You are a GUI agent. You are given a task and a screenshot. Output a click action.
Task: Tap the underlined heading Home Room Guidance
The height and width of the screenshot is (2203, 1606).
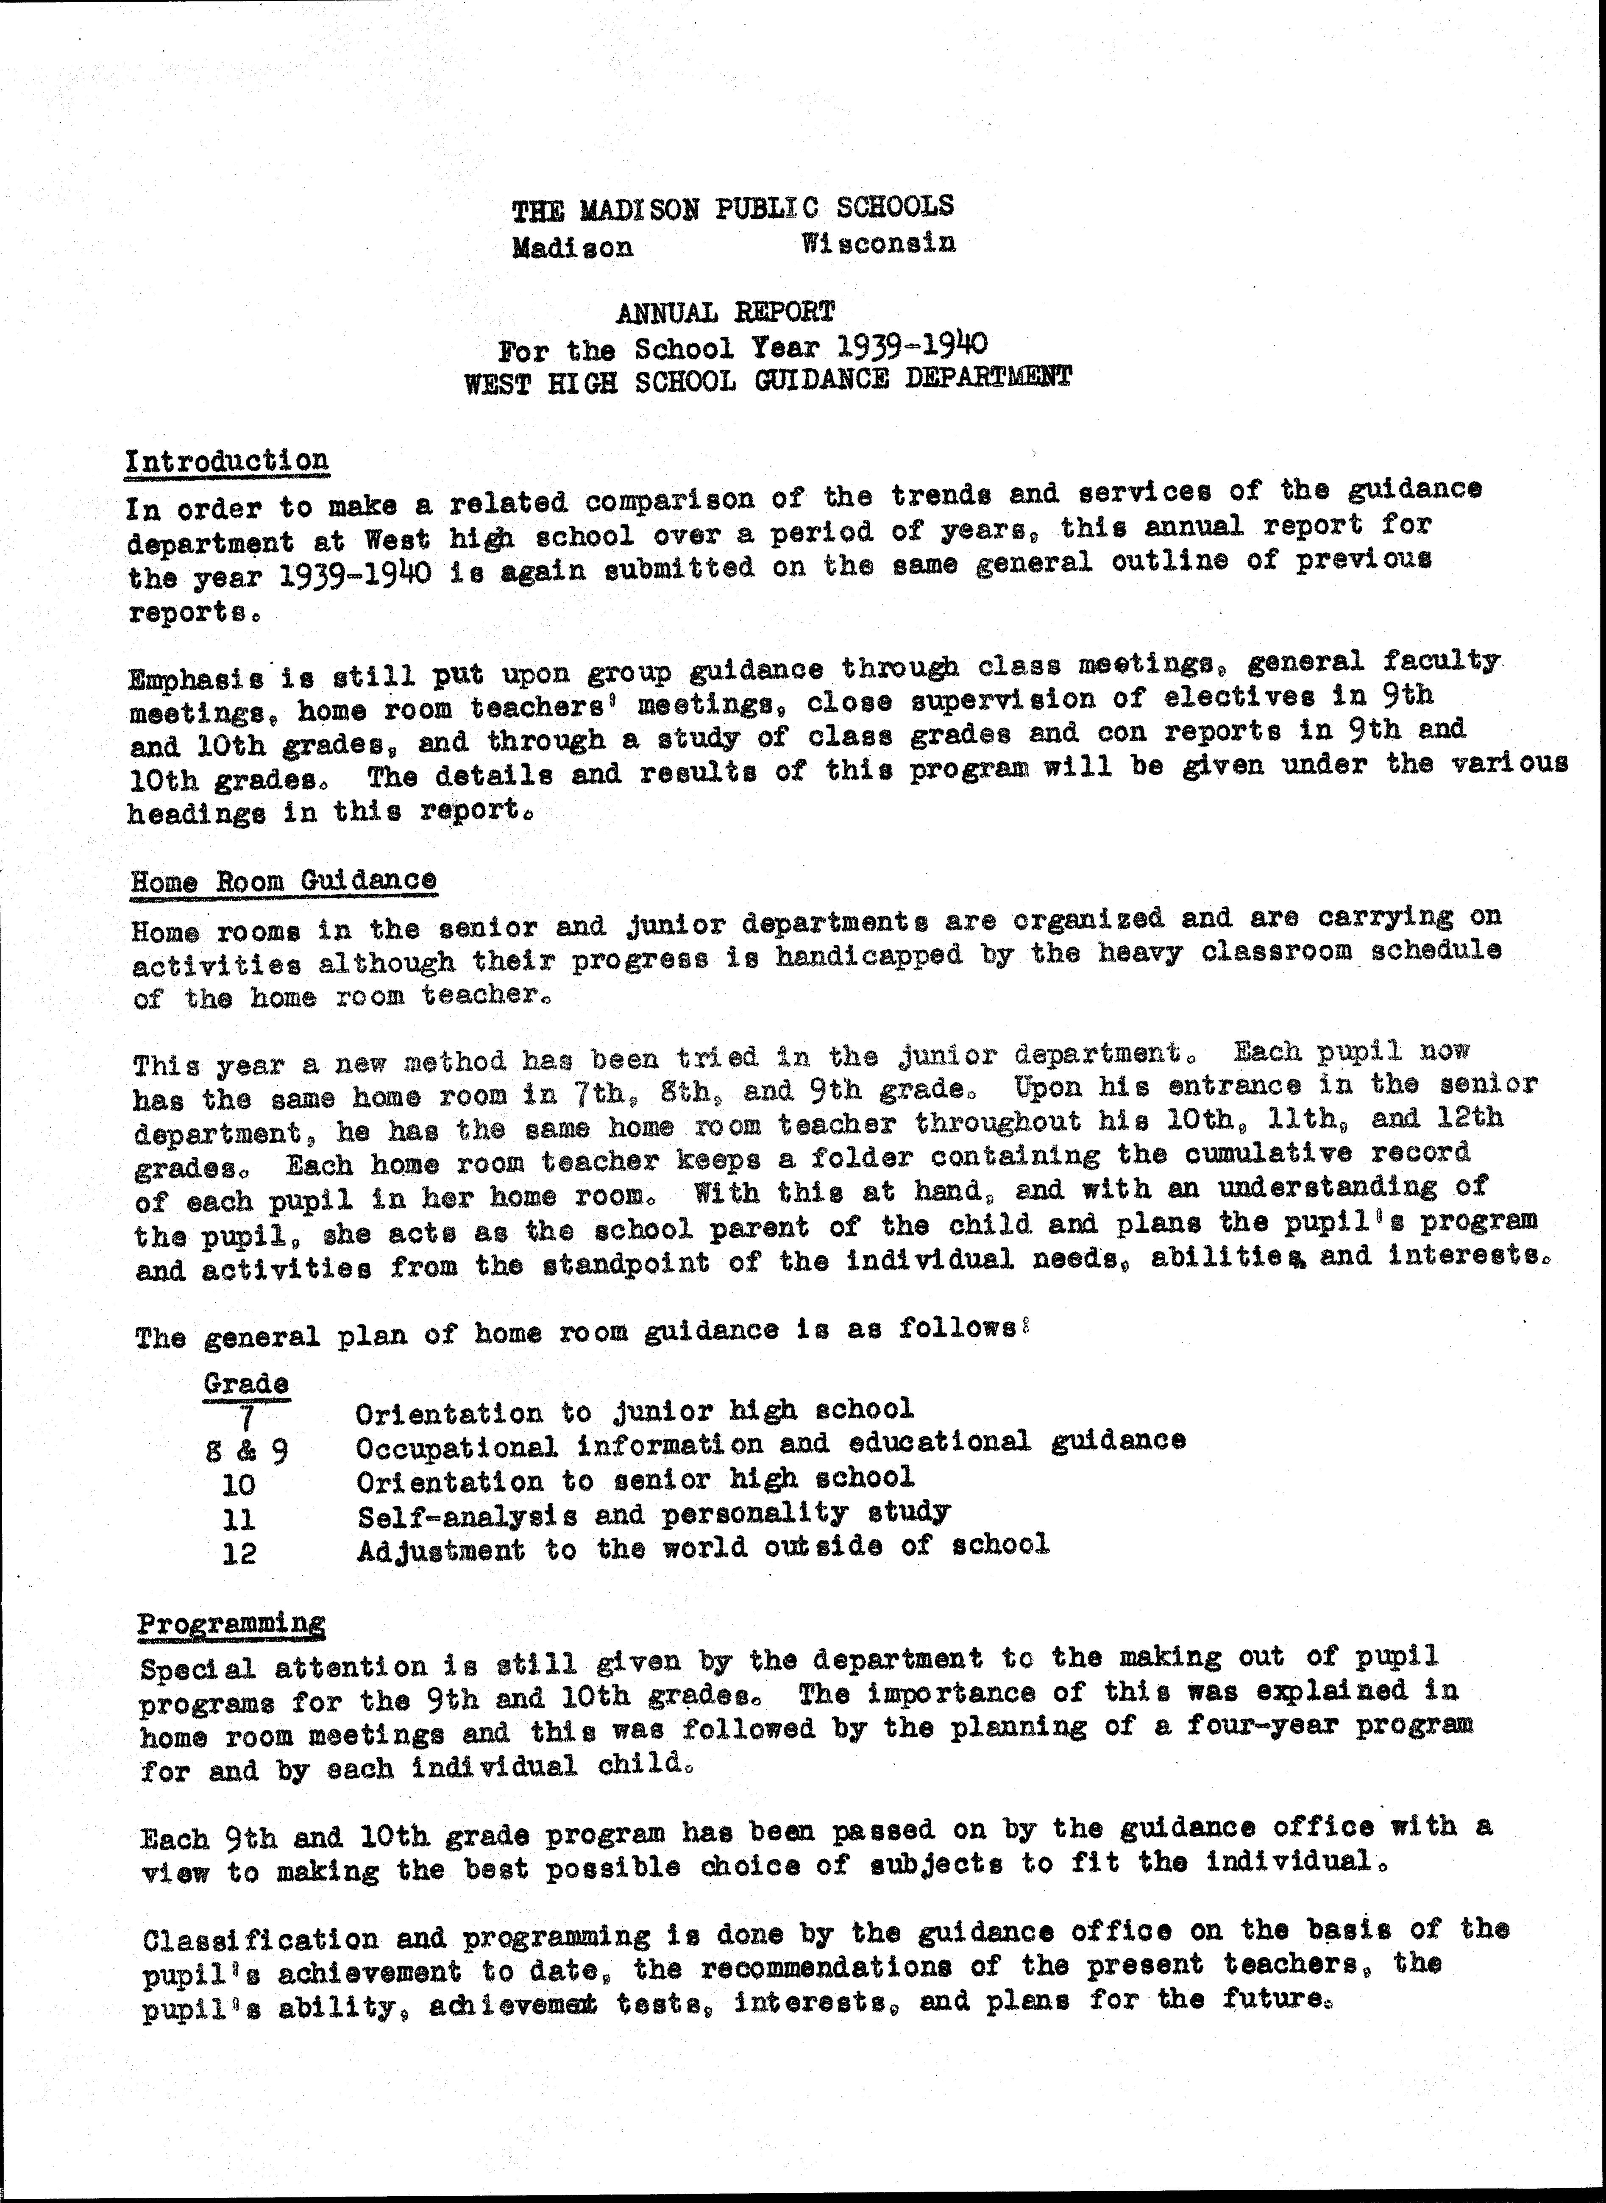click(284, 881)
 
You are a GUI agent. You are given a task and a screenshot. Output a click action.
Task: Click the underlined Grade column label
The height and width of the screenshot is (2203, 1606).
click(246, 1382)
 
